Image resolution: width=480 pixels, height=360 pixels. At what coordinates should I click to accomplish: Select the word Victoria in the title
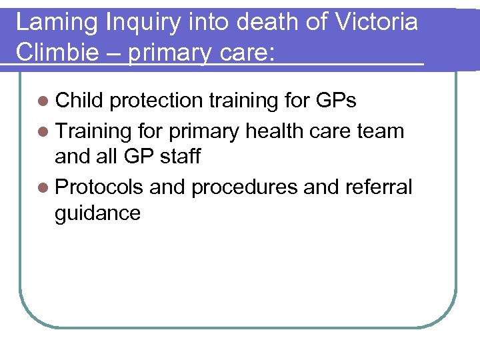[378, 23]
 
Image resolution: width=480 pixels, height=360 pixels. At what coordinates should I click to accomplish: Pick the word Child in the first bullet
[79, 101]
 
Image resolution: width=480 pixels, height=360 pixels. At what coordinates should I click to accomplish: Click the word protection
[157, 101]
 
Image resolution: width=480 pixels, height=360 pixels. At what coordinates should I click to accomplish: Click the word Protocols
[99, 187]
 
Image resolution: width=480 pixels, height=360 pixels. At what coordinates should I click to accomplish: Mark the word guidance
[98, 214]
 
